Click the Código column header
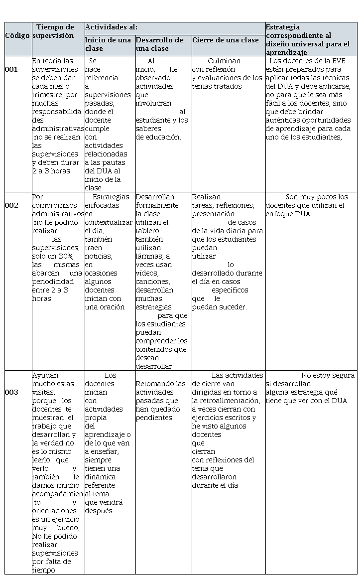point(17,36)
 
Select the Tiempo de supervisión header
point(55,31)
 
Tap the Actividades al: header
point(111,27)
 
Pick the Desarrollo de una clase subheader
point(159,44)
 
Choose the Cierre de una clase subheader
point(226,40)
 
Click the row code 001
point(11,70)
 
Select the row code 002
point(11,205)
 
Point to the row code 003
point(11,392)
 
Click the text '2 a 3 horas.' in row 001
point(51,171)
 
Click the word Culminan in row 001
point(224,61)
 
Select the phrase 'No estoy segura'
point(328,375)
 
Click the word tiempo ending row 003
point(44,570)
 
